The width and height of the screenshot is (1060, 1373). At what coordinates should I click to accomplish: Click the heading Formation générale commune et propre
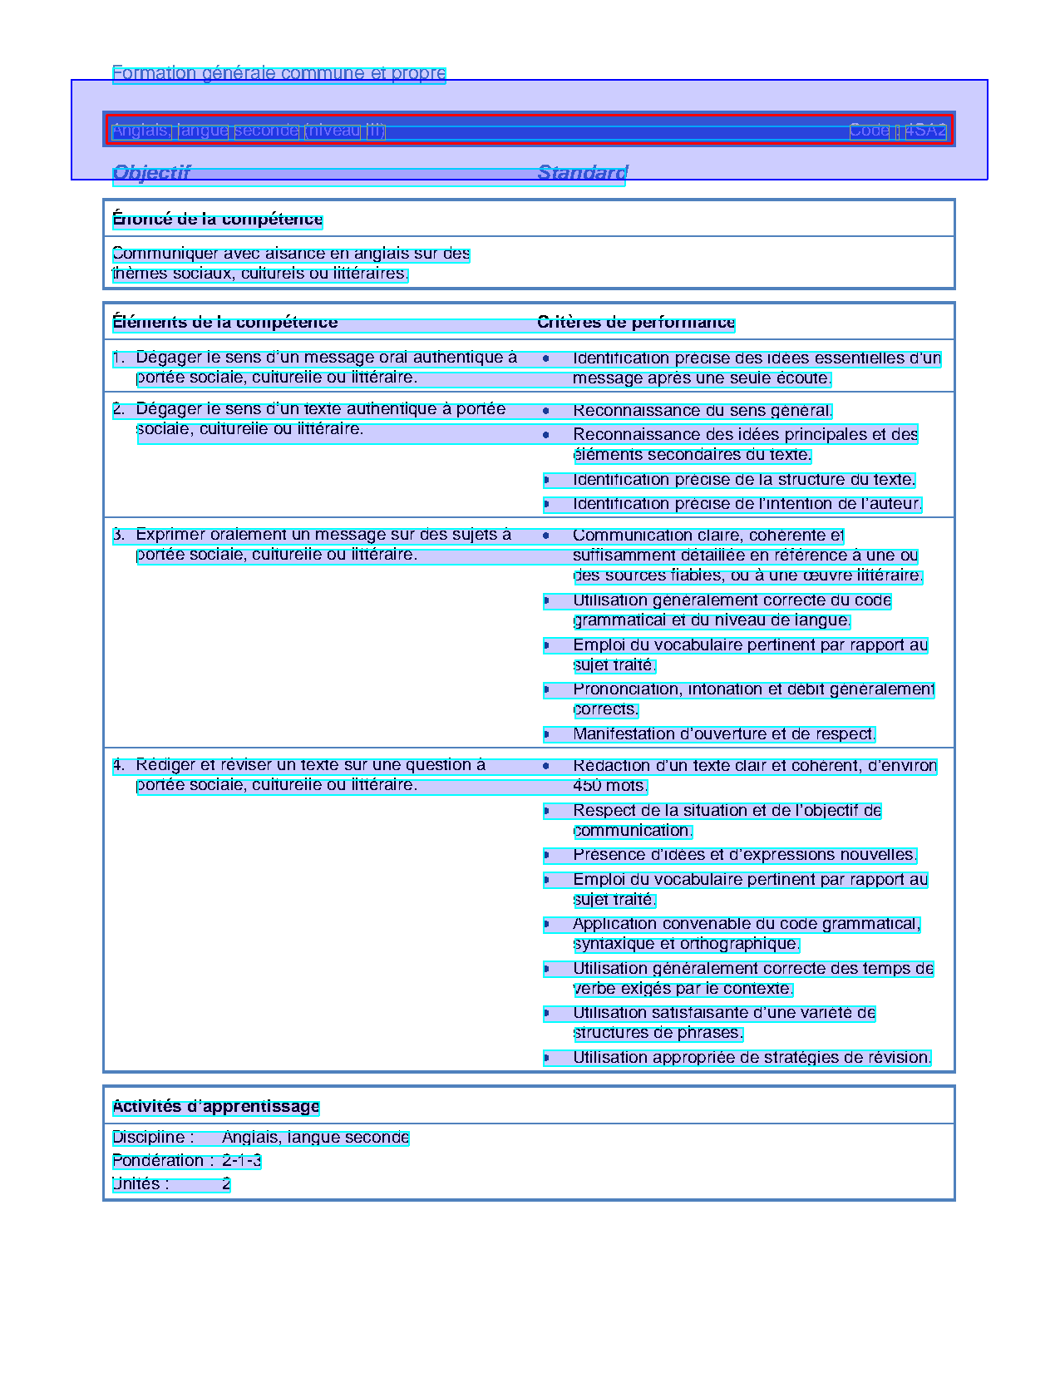coord(279,73)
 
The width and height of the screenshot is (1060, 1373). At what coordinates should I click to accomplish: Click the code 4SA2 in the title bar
coord(925,131)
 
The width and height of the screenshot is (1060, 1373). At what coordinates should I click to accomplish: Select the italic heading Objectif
coord(151,173)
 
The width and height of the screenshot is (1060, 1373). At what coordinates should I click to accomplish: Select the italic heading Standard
coord(582,173)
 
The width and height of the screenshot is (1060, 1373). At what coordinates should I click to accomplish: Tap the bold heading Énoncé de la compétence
coord(217,220)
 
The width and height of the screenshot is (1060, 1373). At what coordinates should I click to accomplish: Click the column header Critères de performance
coord(636,323)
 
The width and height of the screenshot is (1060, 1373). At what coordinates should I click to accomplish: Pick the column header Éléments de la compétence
coord(224,323)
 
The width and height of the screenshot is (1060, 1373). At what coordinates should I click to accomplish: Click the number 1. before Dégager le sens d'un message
coord(119,358)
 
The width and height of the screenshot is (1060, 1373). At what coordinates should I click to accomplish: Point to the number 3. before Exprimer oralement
coord(119,535)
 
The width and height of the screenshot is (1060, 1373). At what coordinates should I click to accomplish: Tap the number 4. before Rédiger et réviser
coord(119,765)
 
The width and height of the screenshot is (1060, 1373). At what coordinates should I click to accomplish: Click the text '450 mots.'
coord(609,786)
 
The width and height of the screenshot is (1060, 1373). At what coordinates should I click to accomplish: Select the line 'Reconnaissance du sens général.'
coord(703,411)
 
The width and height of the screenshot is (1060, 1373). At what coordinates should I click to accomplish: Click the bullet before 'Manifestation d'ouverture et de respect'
coord(546,734)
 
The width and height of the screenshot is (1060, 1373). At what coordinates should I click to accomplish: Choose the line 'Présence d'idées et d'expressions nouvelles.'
coord(745,855)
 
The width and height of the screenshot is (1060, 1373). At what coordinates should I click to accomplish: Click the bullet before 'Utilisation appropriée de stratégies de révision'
coord(546,1058)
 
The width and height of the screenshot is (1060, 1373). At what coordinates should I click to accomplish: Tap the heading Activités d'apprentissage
coord(216,1107)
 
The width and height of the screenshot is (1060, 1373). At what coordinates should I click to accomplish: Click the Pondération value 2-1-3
coord(242,1161)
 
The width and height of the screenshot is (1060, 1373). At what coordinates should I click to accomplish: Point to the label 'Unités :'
coord(141,1184)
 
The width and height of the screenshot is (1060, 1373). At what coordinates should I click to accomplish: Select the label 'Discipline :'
coord(153,1138)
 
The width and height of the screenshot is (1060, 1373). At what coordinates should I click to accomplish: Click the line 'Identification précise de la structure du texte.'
coord(744,480)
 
